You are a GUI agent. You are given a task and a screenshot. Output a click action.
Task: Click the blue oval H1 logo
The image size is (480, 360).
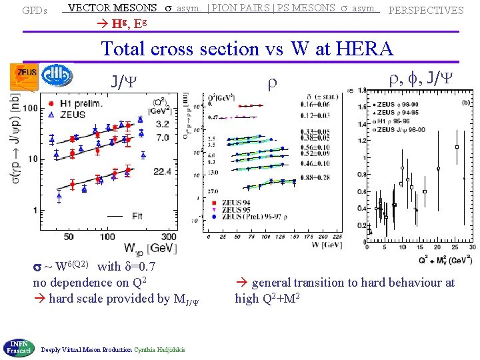(57, 75)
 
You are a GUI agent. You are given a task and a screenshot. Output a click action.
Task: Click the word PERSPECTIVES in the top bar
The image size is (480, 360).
(425, 11)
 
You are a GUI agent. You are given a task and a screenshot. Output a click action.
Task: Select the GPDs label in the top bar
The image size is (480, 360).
(33, 11)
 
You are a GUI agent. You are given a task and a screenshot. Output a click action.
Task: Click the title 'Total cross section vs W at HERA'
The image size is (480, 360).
(247, 49)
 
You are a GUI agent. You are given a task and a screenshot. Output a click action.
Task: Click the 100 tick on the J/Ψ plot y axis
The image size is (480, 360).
(29, 109)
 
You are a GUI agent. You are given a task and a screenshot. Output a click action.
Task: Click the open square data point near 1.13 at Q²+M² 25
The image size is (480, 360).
(456, 147)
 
